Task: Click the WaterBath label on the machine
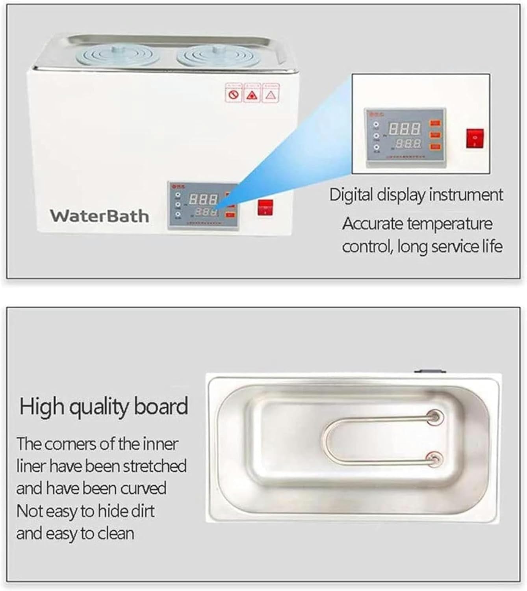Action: click(x=99, y=216)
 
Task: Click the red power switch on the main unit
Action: click(x=265, y=208)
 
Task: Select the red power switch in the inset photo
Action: click(x=475, y=138)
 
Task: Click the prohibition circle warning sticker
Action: click(x=233, y=94)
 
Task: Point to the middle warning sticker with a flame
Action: click(x=252, y=94)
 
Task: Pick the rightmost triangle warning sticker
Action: click(x=271, y=94)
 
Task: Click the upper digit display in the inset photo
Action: click(x=404, y=128)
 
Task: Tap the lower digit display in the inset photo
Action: click(x=408, y=143)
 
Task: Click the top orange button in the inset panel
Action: click(x=435, y=123)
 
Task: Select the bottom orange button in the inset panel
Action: click(x=435, y=147)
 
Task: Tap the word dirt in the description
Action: click(x=143, y=511)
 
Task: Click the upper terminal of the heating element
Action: click(x=435, y=417)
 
